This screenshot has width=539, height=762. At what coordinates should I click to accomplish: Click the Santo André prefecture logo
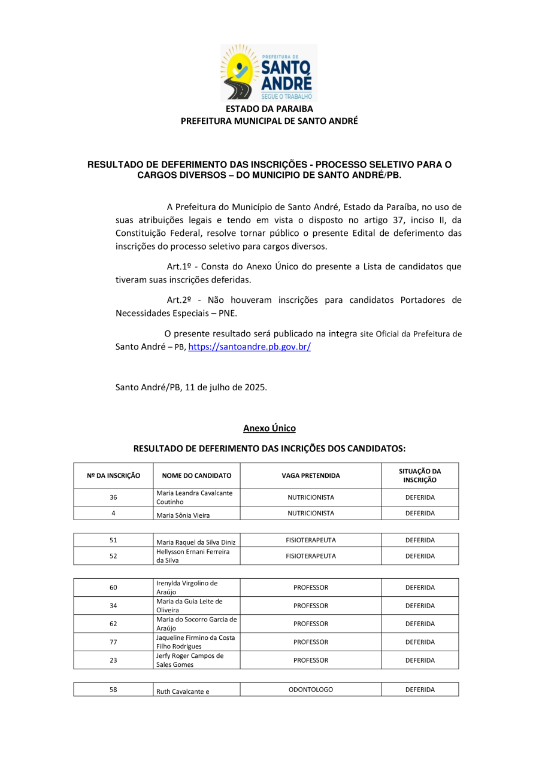[269, 72]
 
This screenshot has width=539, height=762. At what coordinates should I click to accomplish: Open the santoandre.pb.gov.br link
[249, 347]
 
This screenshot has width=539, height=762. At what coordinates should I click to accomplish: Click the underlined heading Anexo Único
[269, 428]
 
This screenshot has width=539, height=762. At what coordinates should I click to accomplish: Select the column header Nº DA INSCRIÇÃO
[113, 475]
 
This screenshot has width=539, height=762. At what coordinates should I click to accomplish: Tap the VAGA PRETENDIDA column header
[310, 475]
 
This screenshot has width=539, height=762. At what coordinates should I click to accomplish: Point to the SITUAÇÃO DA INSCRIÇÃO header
[419, 475]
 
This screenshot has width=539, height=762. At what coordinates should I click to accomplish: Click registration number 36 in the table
[113, 497]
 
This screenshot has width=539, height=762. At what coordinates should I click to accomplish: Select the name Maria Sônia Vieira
[183, 514]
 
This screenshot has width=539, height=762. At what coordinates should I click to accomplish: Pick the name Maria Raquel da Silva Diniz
[196, 542]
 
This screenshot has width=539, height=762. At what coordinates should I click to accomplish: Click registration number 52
[113, 555]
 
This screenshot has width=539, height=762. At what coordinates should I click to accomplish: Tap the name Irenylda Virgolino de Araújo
[187, 587]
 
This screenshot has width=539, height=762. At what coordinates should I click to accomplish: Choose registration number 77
[113, 642]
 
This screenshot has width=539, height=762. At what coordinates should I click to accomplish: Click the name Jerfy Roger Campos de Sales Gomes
[189, 660]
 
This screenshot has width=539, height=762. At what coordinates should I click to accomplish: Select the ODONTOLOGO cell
[310, 690]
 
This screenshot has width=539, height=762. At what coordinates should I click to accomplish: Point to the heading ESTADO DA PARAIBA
[269, 109]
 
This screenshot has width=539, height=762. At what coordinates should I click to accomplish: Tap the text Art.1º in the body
[178, 266]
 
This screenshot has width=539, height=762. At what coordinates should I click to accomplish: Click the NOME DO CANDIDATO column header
[196, 475]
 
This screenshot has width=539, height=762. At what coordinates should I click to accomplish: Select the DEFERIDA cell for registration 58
[419, 690]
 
